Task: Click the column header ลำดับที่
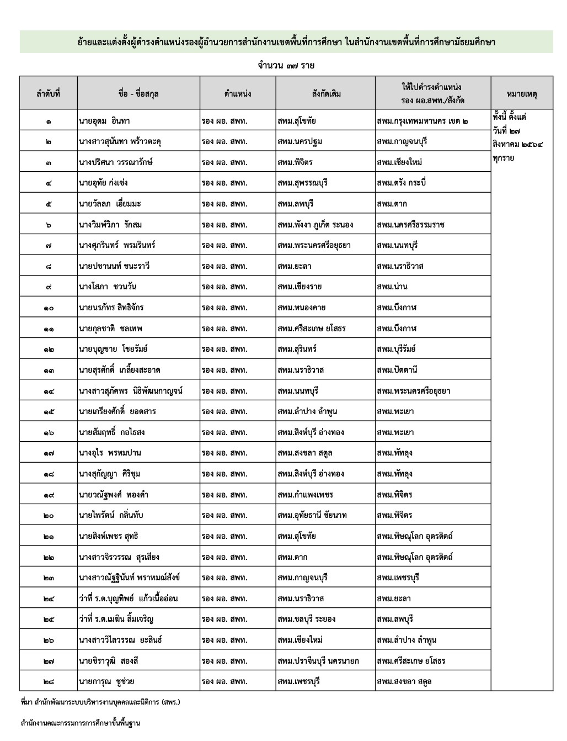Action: pyautogui.click(x=49, y=93)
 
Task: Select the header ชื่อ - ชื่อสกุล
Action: pyautogui.click(x=138, y=93)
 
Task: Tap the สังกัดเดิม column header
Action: pyautogui.click(x=325, y=93)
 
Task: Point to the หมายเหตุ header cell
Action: pyautogui.click(x=521, y=93)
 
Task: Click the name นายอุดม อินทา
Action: pyautogui.click(x=104, y=120)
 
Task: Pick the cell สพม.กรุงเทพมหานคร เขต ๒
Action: pyautogui.click(x=422, y=120)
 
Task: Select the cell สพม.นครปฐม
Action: pyautogui.click(x=300, y=141)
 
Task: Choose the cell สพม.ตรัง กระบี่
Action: pyautogui.click(x=402, y=183)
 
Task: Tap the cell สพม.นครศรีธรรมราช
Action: pyautogui.click(x=411, y=225)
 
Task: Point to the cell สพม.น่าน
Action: pyautogui.click(x=392, y=287)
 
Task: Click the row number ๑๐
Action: pyautogui.click(x=49, y=308)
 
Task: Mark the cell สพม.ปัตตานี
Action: pyautogui.click(x=397, y=370)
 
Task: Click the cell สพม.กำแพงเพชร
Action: pyautogui.click(x=306, y=495)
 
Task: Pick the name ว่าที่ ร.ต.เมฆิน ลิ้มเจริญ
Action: pyautogui.click(x=116, y=619)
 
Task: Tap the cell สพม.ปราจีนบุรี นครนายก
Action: pyautogui.click(x=318, y=661)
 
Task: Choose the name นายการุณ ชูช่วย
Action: pyautogui.click(x=106, y=681)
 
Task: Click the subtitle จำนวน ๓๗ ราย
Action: pyautogui.click(x=286, y=66)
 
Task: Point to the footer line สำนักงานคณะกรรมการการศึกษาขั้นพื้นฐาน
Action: pyautogui.click(x=81, y=723)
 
